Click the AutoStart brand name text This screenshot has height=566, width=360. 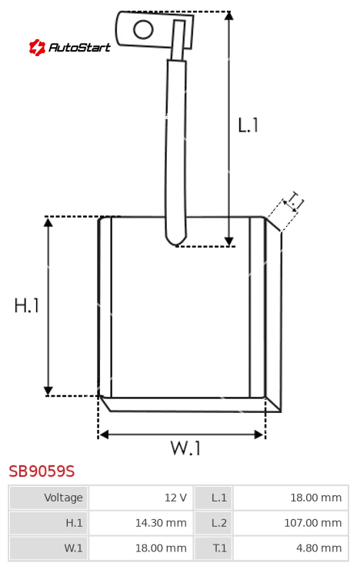coord(79,47)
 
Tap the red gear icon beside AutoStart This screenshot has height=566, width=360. coord(37,47)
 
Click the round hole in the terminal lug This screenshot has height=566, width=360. coord(143,29)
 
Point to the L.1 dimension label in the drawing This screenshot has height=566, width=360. coord(248,125)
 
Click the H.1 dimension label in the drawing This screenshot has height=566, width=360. coord(26,305)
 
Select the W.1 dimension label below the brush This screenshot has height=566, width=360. coord(185,448)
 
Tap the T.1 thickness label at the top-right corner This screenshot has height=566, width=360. coord(294,201)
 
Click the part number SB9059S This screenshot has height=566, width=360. coord(42,471)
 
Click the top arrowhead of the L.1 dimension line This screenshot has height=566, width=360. coord(228,15)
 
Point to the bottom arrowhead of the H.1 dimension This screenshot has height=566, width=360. coord(48,391)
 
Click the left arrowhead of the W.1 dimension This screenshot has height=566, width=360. coord(104,434)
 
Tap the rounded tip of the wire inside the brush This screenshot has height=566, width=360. coord(176,241)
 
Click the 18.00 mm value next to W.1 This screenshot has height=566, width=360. coord(161,548)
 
